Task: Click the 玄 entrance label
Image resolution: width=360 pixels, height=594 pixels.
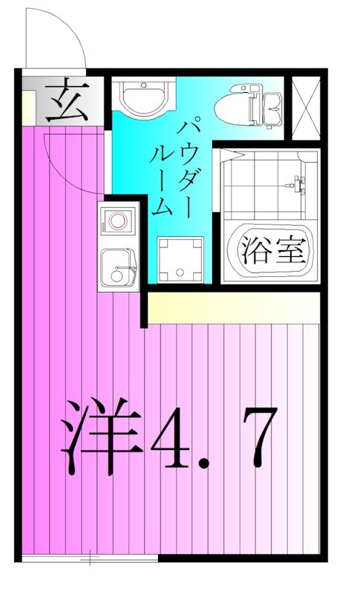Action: pos(67,102)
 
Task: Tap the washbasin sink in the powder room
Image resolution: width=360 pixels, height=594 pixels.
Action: pos(145,97)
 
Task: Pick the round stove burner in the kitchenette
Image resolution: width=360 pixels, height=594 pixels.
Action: pos(117,220)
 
